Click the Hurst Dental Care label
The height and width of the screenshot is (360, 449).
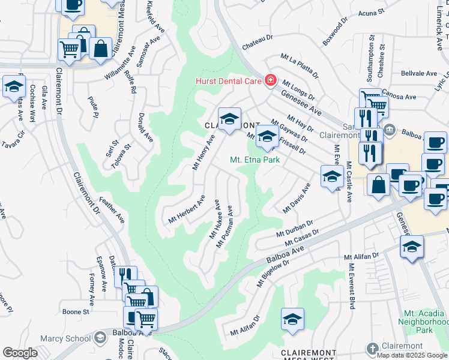pyautogui.click(x=229, y=80)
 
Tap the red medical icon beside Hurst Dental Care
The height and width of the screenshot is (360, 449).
pyautogui.click(x=271, y=80)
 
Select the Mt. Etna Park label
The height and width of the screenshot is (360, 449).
pyautogui.click(x=255, y=160)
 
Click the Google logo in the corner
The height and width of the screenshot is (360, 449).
pyautogui.click(x=20, y=353)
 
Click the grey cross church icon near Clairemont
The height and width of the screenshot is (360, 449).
pyautogui.click(x=373, y=347)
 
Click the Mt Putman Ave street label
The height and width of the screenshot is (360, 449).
pyautogui.click(x=224, y=228)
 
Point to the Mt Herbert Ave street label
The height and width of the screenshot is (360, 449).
pyautogui.click(x=187, y=209)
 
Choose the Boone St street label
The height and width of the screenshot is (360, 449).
pyautogui.click(x=76, y=312)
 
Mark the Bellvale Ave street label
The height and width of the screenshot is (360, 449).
pyautogui.click(x=418, y=73)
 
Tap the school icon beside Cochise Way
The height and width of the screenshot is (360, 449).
pyautogui.click(x=14, y=88)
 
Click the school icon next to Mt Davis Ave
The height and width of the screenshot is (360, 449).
pyautogui.click(x=331, y=176)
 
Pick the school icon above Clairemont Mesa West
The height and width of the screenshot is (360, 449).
pyautogui.click(x=292, y=319)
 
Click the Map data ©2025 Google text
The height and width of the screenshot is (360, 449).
pyautogui.click(x=412, y=355)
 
